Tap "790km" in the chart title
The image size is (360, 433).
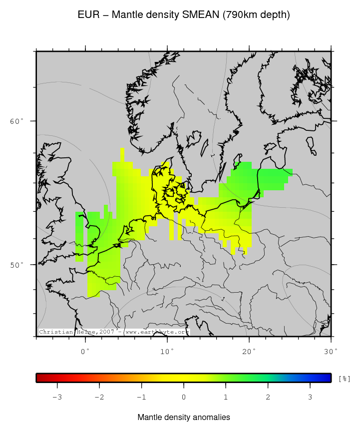[x=243, y=15]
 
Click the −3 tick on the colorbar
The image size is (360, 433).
[x=57, y=398]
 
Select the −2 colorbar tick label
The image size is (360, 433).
[x=99, y=398]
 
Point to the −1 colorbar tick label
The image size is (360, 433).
[x=141, y=398]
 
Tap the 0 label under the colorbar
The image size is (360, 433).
[x=184, y=398]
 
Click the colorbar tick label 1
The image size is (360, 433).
[x=226, y=398]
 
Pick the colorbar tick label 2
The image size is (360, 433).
[x=268, y=398]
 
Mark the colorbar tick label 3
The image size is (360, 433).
[x=310, y=398]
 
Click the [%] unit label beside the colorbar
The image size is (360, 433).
[x=344, y=379]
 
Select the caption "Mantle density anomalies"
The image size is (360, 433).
[x=184, y=417]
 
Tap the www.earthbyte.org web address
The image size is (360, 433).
[x=157, y=332]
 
